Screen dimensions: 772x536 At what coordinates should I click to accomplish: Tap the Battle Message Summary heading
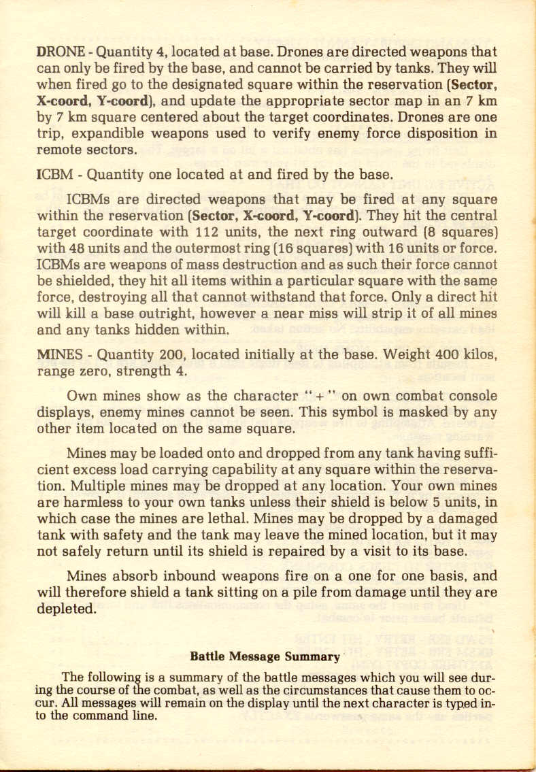click(265, 656)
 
